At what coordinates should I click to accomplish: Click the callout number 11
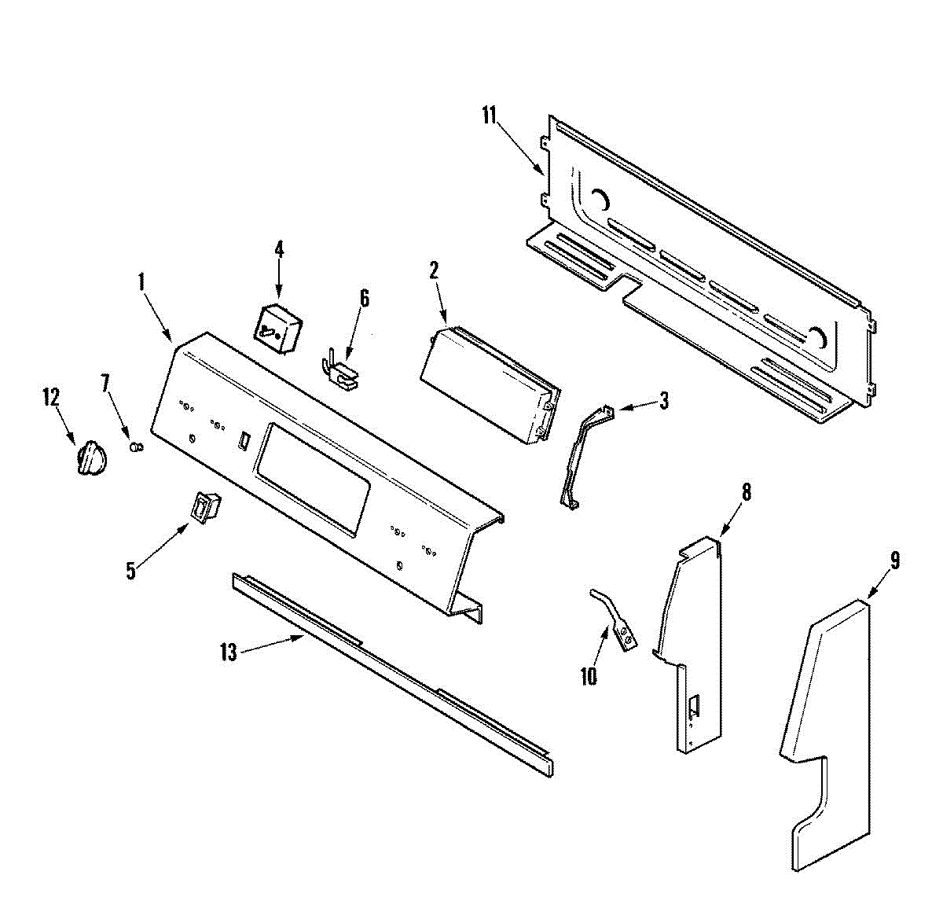(x=490, y=116)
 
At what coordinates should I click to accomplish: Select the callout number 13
(x=228, y=653)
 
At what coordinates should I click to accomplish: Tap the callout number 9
(x=895, y=561)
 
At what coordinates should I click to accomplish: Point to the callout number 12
(x=50, y=397)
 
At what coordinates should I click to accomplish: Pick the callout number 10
(x=589, y=675)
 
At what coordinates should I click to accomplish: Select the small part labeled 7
(x=136, y=447)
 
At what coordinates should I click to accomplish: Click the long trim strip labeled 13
(x=393, y=672)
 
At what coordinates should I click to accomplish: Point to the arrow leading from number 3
(x=637, y=406)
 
